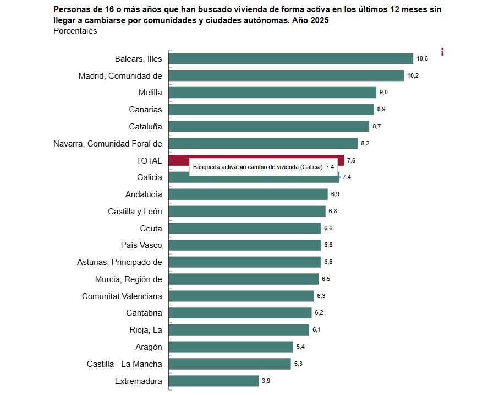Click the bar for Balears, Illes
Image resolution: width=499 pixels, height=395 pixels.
click(x=290, y=58)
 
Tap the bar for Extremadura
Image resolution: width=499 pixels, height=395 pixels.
click(x=213, y=381)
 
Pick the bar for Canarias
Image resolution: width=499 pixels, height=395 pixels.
click(x=271, y=110)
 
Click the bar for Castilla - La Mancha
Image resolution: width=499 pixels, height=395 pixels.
click(x=229, y=364)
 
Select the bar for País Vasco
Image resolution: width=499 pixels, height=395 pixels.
click(x=244, y=245)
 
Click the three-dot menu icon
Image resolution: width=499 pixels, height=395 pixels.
click(x=442, y=52)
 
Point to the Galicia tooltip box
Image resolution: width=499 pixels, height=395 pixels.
click(x=264, y=167)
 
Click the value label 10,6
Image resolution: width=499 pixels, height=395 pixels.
click(x=422, y=58)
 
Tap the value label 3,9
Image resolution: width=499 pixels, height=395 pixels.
click(x=266, y=381)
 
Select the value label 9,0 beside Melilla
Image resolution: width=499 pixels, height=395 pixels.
click(x=383, y=93)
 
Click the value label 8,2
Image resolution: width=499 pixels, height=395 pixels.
click(x=365, y=143)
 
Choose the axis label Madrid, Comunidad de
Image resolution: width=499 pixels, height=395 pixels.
click(x=120, y=75)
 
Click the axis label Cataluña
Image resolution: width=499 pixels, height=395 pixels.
click(x=145, y=126)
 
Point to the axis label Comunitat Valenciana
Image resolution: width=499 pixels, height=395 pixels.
click(x=122, y=296)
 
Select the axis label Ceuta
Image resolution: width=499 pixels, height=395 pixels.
click(x=151, y=228)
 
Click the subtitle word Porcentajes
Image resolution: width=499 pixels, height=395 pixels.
click(x=75, y=31)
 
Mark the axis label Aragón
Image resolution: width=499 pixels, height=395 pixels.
click(x=149, y=347)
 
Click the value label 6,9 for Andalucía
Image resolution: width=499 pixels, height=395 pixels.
click(x=335, y=194)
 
